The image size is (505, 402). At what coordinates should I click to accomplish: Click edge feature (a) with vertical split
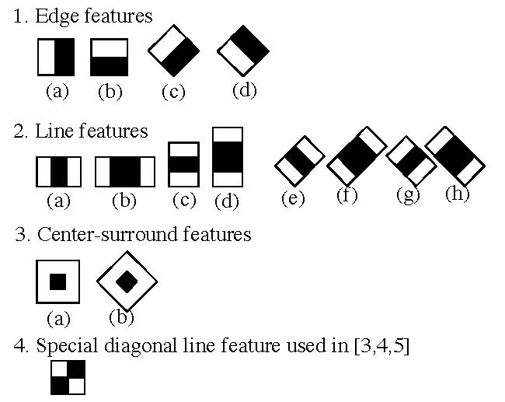pos(56,57)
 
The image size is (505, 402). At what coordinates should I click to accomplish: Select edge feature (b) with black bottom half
pos(110,57)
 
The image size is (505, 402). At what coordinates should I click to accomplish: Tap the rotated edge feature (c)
pos(173,51)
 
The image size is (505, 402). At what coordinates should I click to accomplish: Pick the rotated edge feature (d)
pos(243,51)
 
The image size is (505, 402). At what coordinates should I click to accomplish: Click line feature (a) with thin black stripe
pos(58,172)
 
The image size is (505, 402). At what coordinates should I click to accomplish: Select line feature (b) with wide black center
pos(125,172)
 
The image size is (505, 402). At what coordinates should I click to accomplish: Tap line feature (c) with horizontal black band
pos(183,164)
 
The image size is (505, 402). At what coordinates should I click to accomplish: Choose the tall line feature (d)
pos(228,157)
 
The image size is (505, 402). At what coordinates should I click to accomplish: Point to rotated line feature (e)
pos(300,161)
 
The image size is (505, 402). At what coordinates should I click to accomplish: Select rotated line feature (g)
pos(411,161)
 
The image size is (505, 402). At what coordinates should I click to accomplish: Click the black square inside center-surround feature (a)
pos(58,281)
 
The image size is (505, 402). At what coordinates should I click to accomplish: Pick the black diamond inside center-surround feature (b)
pos(127,281)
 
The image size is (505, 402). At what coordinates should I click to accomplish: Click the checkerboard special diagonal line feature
pos(68,377)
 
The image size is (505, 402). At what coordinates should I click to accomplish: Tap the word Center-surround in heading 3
pos(107,234)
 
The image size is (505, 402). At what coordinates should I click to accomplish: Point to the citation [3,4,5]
pos(381,346)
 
